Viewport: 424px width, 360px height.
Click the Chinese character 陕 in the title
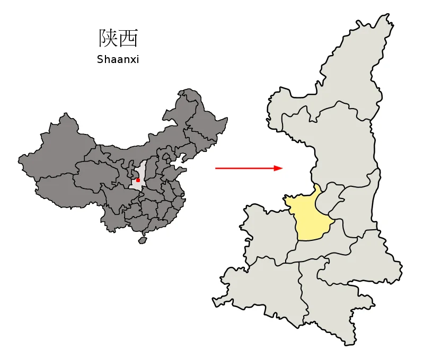108,38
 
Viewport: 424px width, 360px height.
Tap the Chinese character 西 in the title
128,38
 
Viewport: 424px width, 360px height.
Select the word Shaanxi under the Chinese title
118,59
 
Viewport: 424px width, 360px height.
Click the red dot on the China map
138,180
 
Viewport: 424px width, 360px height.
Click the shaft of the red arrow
244,168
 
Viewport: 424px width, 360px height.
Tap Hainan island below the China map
142,240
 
